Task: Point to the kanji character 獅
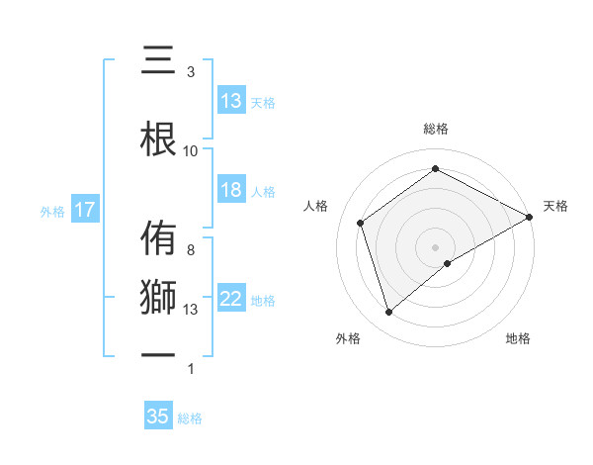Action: pos(158,298)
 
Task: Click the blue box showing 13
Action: pos(231,101)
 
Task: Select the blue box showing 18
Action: pos(231,191)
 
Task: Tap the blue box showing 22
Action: pos(231,300)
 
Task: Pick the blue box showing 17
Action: pos(84,210)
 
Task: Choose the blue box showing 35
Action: pos(158,417)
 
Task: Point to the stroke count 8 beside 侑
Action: pos(190,250)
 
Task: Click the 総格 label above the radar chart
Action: pos(436,129)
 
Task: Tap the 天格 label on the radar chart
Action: pos(556,206)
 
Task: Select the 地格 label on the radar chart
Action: pos(518,338)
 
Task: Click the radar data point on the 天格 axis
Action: pos(530,216)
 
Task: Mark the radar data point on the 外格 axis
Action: pos(389,313)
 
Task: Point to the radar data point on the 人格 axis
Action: pos(361,223)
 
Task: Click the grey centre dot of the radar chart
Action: pos(436,246)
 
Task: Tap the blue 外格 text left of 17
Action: pos(51,211)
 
